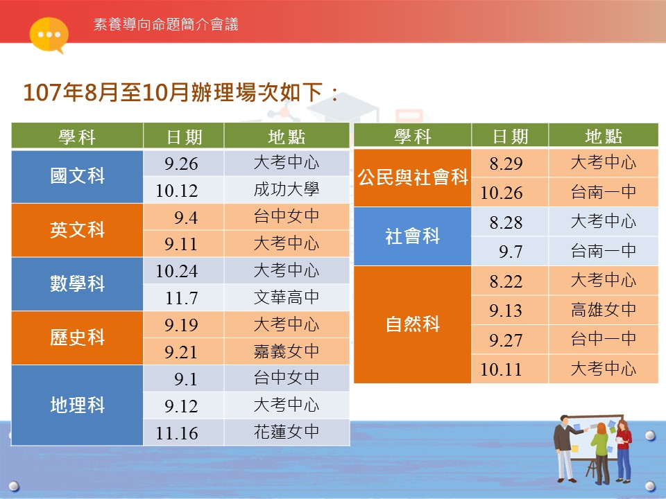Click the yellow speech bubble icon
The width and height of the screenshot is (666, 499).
click(x=49, y=35)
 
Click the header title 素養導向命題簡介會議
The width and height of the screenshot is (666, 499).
click(x=166, y=24)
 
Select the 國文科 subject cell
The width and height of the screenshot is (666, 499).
click(x=77, y=177)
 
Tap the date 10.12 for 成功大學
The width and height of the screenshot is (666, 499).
click(x=177, y=191)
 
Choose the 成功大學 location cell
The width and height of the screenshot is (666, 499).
click(x=287, y=190)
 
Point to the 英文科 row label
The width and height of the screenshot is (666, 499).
click(x=77, y=230)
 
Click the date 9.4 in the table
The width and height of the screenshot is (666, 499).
click(x=186, y=218)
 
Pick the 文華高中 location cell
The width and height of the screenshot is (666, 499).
click(x=287, y=297)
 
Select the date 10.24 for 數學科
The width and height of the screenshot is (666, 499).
click(x=177, y=271)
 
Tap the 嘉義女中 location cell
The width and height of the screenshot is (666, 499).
click(x=287, y=351)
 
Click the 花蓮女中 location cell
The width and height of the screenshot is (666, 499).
click(x=287, y=432)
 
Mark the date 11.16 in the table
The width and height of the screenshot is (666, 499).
click(x=177, y=433)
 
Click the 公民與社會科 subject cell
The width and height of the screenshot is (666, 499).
click(x=412, y=178)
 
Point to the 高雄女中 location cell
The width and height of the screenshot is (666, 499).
click(x=604, y=310)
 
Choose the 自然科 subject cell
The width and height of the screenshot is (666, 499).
click(x=412, y=324)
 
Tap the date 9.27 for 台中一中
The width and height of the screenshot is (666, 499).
click(x=506, y=340)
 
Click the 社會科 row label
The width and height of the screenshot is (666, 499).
click(x=412, y=236)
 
